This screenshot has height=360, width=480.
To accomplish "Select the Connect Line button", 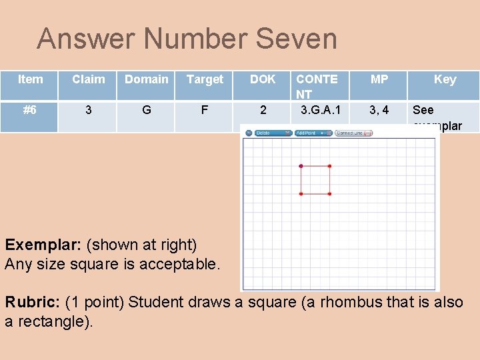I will coord(353,133).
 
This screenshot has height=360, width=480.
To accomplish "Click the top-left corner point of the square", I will coord(301,165).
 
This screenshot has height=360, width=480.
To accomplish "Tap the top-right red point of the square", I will coord(329,165).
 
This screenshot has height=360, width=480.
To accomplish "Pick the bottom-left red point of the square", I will coord(301,194).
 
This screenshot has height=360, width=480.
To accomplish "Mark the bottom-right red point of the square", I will coord(329,194).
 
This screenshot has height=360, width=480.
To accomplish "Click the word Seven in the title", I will coord(297,39).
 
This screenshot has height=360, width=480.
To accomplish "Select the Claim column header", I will coord(89,79).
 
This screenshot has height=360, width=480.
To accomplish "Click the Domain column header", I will coord(147,79).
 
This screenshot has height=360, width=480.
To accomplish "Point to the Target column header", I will coord(205,80).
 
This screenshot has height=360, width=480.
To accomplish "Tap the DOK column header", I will coord(263,79).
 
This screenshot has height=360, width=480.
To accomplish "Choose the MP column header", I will coord(379,79).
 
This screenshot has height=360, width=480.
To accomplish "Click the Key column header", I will coord(445,79).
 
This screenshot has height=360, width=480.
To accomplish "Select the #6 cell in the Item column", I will coord(30,110).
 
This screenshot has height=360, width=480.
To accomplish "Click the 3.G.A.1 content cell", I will coord(322,110).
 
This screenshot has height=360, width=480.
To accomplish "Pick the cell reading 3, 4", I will coord(379,110).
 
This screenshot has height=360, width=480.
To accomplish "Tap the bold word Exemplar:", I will coord(43,245).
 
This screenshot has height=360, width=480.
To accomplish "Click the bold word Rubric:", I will coord(31,302).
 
